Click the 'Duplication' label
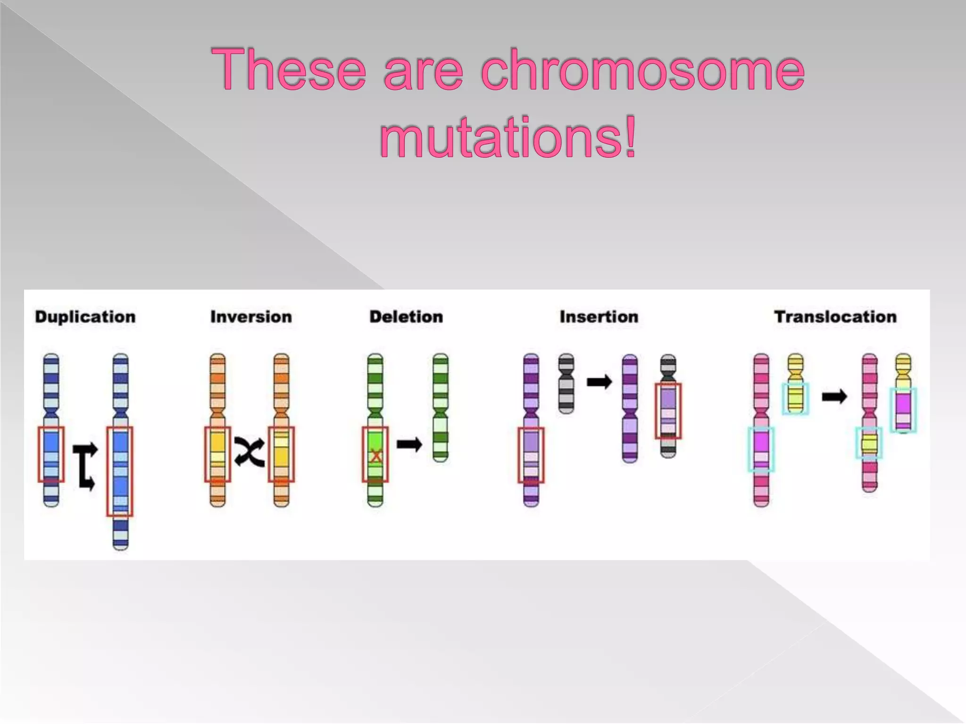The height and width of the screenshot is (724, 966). [85, 317]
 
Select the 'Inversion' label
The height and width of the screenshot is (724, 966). [251, 317]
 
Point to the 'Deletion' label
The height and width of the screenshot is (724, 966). [406, 317]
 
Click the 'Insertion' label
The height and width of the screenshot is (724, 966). [599, 317]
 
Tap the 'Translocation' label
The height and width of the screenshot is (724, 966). [835, 317]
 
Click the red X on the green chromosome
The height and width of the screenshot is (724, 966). [375, 456]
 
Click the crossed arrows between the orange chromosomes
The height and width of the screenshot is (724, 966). [249, 452]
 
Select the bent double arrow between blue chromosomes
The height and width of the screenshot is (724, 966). [85, 466]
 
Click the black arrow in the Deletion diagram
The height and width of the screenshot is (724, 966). [409, 444]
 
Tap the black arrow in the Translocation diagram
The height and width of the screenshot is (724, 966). [834, 397]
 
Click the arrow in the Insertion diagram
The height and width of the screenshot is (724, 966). [599, 382]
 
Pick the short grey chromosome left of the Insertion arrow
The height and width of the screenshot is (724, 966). [566, 384]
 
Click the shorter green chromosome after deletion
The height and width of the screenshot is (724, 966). [440, 408]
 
